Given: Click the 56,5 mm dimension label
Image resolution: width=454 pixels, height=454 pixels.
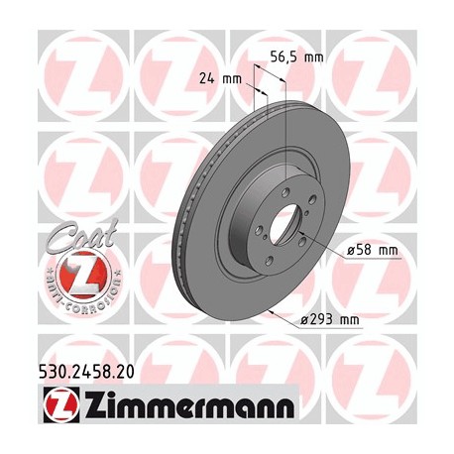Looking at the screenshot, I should (297, 57).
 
